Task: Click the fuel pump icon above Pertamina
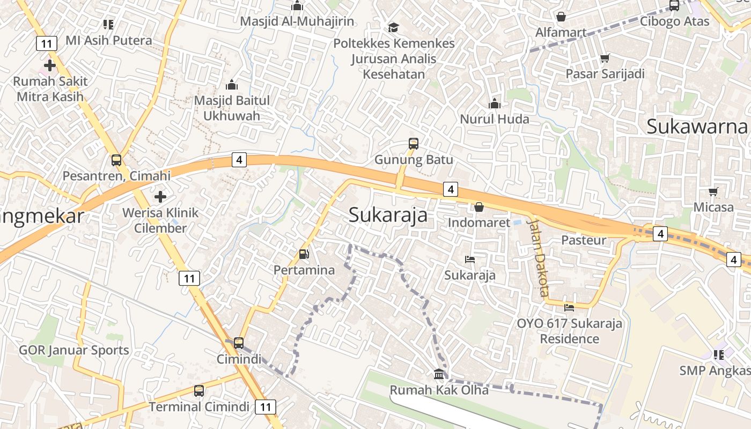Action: click(304, 254)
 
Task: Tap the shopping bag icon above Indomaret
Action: click(479, 206)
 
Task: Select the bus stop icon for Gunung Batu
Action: click(413, 144)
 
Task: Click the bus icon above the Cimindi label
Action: click(239, 343)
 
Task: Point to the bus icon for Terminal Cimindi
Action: click(199, 391)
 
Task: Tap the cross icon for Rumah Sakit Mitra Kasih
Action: click(50, 66)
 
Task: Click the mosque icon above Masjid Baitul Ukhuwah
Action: click(232, 85)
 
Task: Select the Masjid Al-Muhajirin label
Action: click(297, 21)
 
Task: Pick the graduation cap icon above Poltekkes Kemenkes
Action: click(394, 27)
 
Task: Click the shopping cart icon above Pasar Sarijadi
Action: click(605, 58)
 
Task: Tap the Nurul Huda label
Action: click(495, 119)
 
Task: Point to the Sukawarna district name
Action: click(697, 127)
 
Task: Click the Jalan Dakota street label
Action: click(538, 257)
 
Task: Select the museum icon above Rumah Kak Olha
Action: click(439, 374)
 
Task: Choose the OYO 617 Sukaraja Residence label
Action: click(569, 331)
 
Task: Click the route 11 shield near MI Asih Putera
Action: click(47, 43)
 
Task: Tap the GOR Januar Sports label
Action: click(74, 350)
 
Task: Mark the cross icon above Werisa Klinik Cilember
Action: click(160, 197)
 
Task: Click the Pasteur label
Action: click(584, 240)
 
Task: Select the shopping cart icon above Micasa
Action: click(713, 191)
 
